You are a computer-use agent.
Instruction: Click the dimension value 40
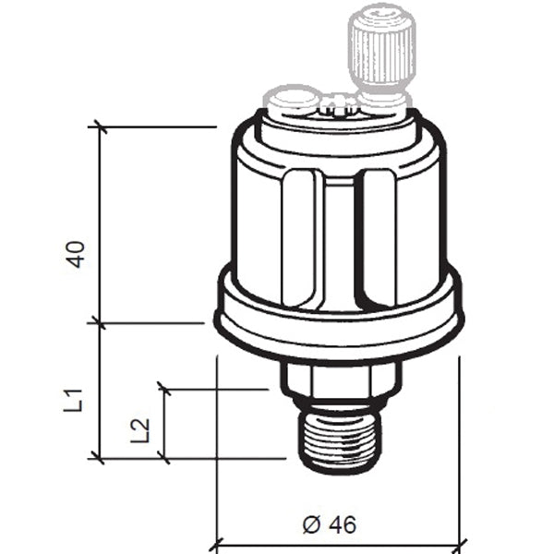pyautogui.click(x=78, y=254)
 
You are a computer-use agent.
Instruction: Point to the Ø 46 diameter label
pyautogui.click(x=329, y=524)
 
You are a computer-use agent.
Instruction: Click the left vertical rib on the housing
pyautogui.click(x=302, y=238)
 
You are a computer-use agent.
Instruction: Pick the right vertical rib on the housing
pyautogui.click(x=378, y=238)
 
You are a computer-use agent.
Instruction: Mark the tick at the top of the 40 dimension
pyautogui.click(x=99, y=126)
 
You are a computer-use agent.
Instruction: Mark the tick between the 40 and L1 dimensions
pyautogui.click(x=99, y=323)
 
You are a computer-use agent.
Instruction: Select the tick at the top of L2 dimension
pyautogui.click(x=164, y=389)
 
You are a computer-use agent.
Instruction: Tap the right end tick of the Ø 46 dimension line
pyautogui.click(x=459, y=545)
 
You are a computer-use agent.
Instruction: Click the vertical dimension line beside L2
pyautogui.click(x=164, y=423)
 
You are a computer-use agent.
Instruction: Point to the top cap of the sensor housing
pyautogui.click(x=339, y=129)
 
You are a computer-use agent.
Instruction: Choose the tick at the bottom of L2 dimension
pyautogui.click(x=164, y=457)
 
